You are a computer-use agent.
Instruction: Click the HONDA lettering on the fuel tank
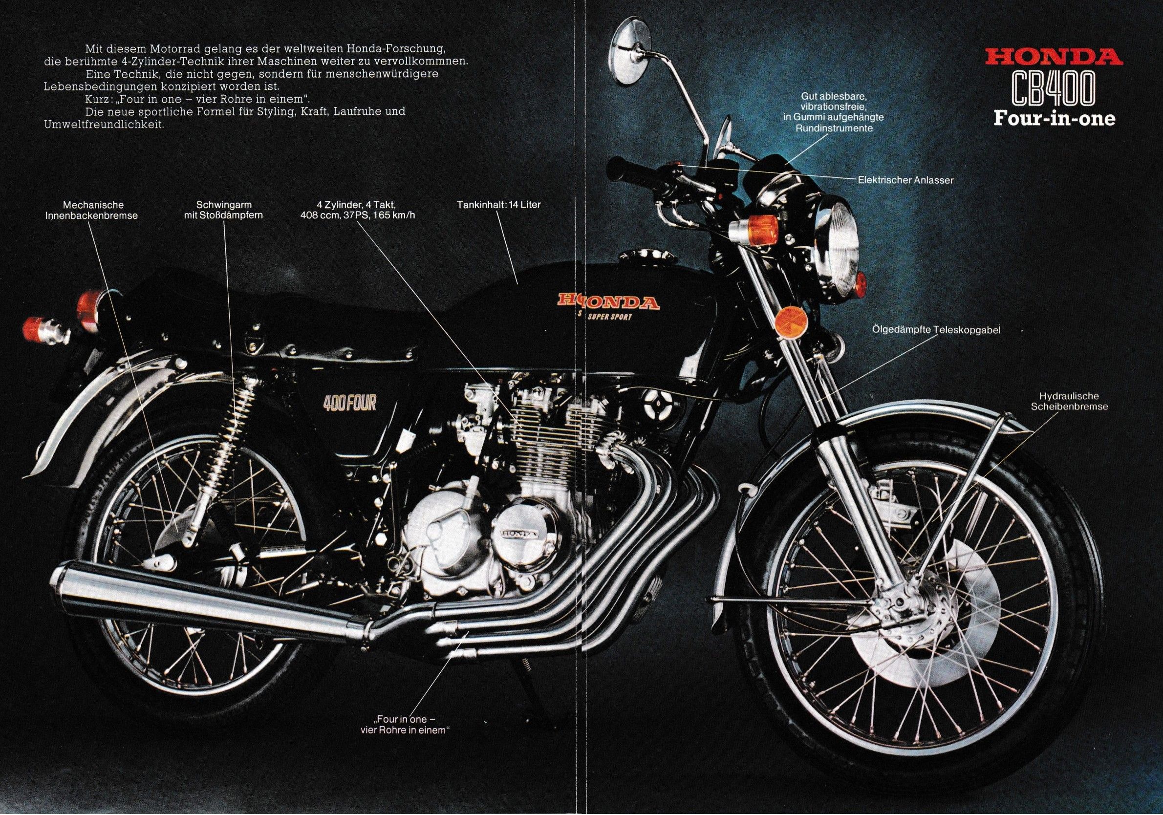[x=608, y=302]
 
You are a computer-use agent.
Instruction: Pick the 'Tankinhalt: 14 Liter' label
[x=498, y=205]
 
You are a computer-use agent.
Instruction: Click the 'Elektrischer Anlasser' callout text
[x=905, y=179]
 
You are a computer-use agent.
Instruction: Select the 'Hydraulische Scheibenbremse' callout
[x=1071, y=401]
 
